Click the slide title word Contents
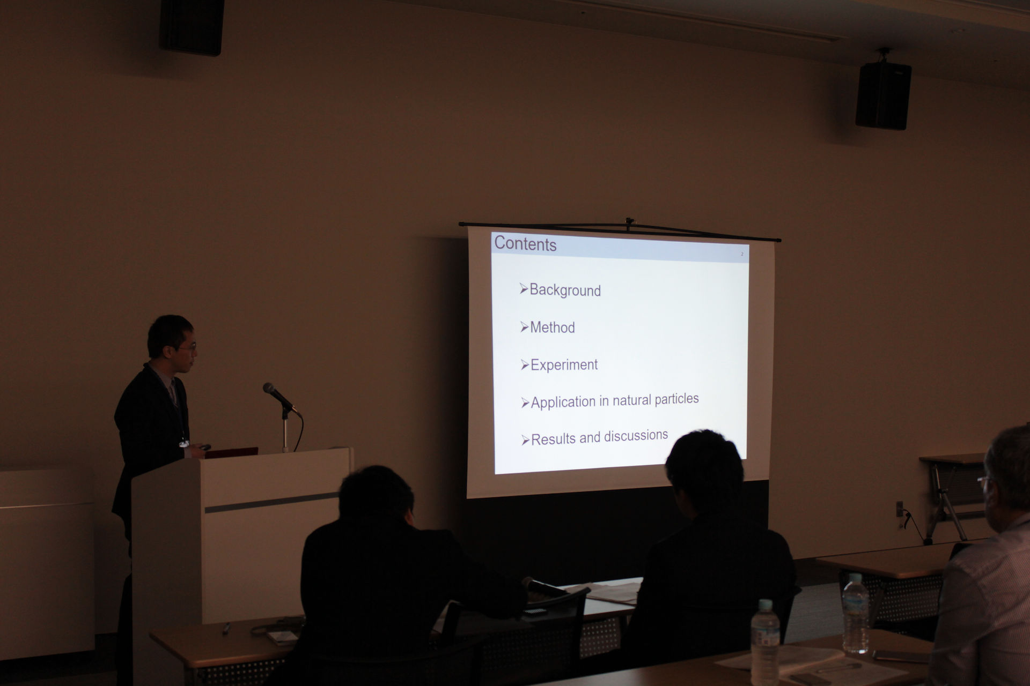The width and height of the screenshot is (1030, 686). pos(525,243)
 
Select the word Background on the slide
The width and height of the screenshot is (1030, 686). pos(565,290)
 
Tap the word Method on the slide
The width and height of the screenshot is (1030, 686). pos(552,327)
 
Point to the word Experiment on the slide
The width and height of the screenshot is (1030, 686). pos(564,364)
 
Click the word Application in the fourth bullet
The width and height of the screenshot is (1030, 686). pos(563,402)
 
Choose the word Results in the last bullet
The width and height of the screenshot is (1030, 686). pos(554,439)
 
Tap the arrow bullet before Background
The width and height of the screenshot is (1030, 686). pos(524,289)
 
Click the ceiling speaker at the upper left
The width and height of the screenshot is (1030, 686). pos(192,27)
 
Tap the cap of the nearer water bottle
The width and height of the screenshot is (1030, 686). pos(765,604)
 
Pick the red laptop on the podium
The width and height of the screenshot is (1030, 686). pos(231,453)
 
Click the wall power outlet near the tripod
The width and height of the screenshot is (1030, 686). pos(900,509)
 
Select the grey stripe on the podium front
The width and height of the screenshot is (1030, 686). pos(271,503)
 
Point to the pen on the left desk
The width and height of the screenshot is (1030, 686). pos(227,628)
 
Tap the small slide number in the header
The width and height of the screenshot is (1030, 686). pos(742,254)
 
